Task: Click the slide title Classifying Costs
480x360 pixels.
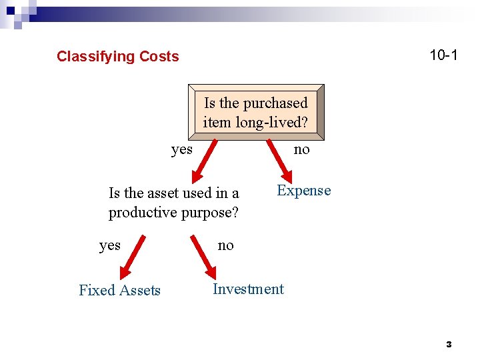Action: [x=117, y=57]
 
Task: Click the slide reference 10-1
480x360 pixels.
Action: [x=443, y=55]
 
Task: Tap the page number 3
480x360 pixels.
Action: [x=449, y=345]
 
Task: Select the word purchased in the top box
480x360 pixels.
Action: [x=275, y=103]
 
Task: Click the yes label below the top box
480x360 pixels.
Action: [x=181, y=149]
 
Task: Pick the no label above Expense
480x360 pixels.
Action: [x=302, y=149]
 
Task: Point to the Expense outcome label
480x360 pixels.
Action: [x=303, y=191]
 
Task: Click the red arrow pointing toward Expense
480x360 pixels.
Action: [x=277, y=160]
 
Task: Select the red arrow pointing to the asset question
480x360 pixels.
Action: [x=204, y=161]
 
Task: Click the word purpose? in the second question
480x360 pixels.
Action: [x=209, y=213]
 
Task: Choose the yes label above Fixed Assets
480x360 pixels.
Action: [x=110, y=245]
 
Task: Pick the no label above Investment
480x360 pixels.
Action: [x=226, y=245]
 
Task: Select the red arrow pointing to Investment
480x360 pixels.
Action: [x=202, y=257]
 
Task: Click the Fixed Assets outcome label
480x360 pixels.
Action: [x=119, y=290]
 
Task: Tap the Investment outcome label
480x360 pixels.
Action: [x=248, y=289]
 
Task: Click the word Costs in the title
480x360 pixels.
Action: [x=158, y=57]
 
